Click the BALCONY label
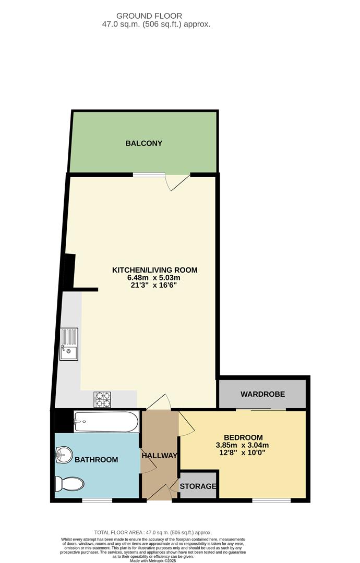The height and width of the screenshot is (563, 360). click(144, 143)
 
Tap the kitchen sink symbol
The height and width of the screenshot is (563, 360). click(68, 344)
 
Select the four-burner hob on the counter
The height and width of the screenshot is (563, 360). click(102, 399)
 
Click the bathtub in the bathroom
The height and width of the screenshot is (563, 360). click(106, 421)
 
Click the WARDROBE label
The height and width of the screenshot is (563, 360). click(262, 394)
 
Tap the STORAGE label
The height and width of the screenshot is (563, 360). click(198, 486)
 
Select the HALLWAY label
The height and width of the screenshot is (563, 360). click(159, 456)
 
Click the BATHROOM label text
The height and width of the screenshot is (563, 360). click(96, 460)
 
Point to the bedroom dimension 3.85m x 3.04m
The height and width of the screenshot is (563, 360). click(242, 445)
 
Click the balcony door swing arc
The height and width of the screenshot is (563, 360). click(176, 183)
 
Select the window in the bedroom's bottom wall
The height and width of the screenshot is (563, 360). click(271, 500)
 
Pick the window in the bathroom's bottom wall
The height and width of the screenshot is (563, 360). click(97, 500)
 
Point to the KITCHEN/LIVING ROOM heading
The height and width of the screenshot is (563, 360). click(155, 270)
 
